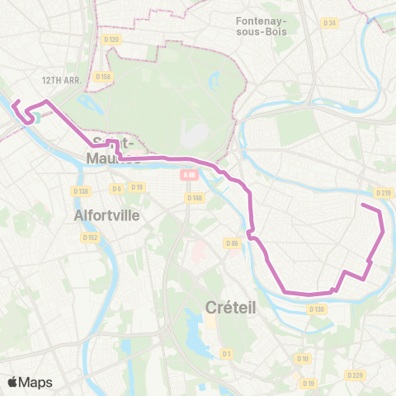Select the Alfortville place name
pyautogui.click(x=106, y=214)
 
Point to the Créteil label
pyautogui.click(x=230, y=307)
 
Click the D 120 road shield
pyautogui.click(x=111, y=39)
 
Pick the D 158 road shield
pyautogui.click(x=102, y=77)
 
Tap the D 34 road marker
pyautogui.click(x=330, y=22)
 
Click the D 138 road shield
pyautogui.click(x=80, y=191)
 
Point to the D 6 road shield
pyautogui.click(x=116, y=188)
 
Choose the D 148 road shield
pyautogui.click(x=195, y=197)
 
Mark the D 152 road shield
pyautogui.click(x=90, y=237)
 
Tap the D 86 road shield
pyautogui.click(x=233, y=243)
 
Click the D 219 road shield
pyautogui.click(x=383, y=193)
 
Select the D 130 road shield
pyautogui.click(x=317, y=309)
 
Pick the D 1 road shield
pyautogui.click(x=226, y=353)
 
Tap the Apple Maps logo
pyautogui.click(x=30, y=382)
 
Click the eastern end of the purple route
pyautogui.click(x=362, y=204)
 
